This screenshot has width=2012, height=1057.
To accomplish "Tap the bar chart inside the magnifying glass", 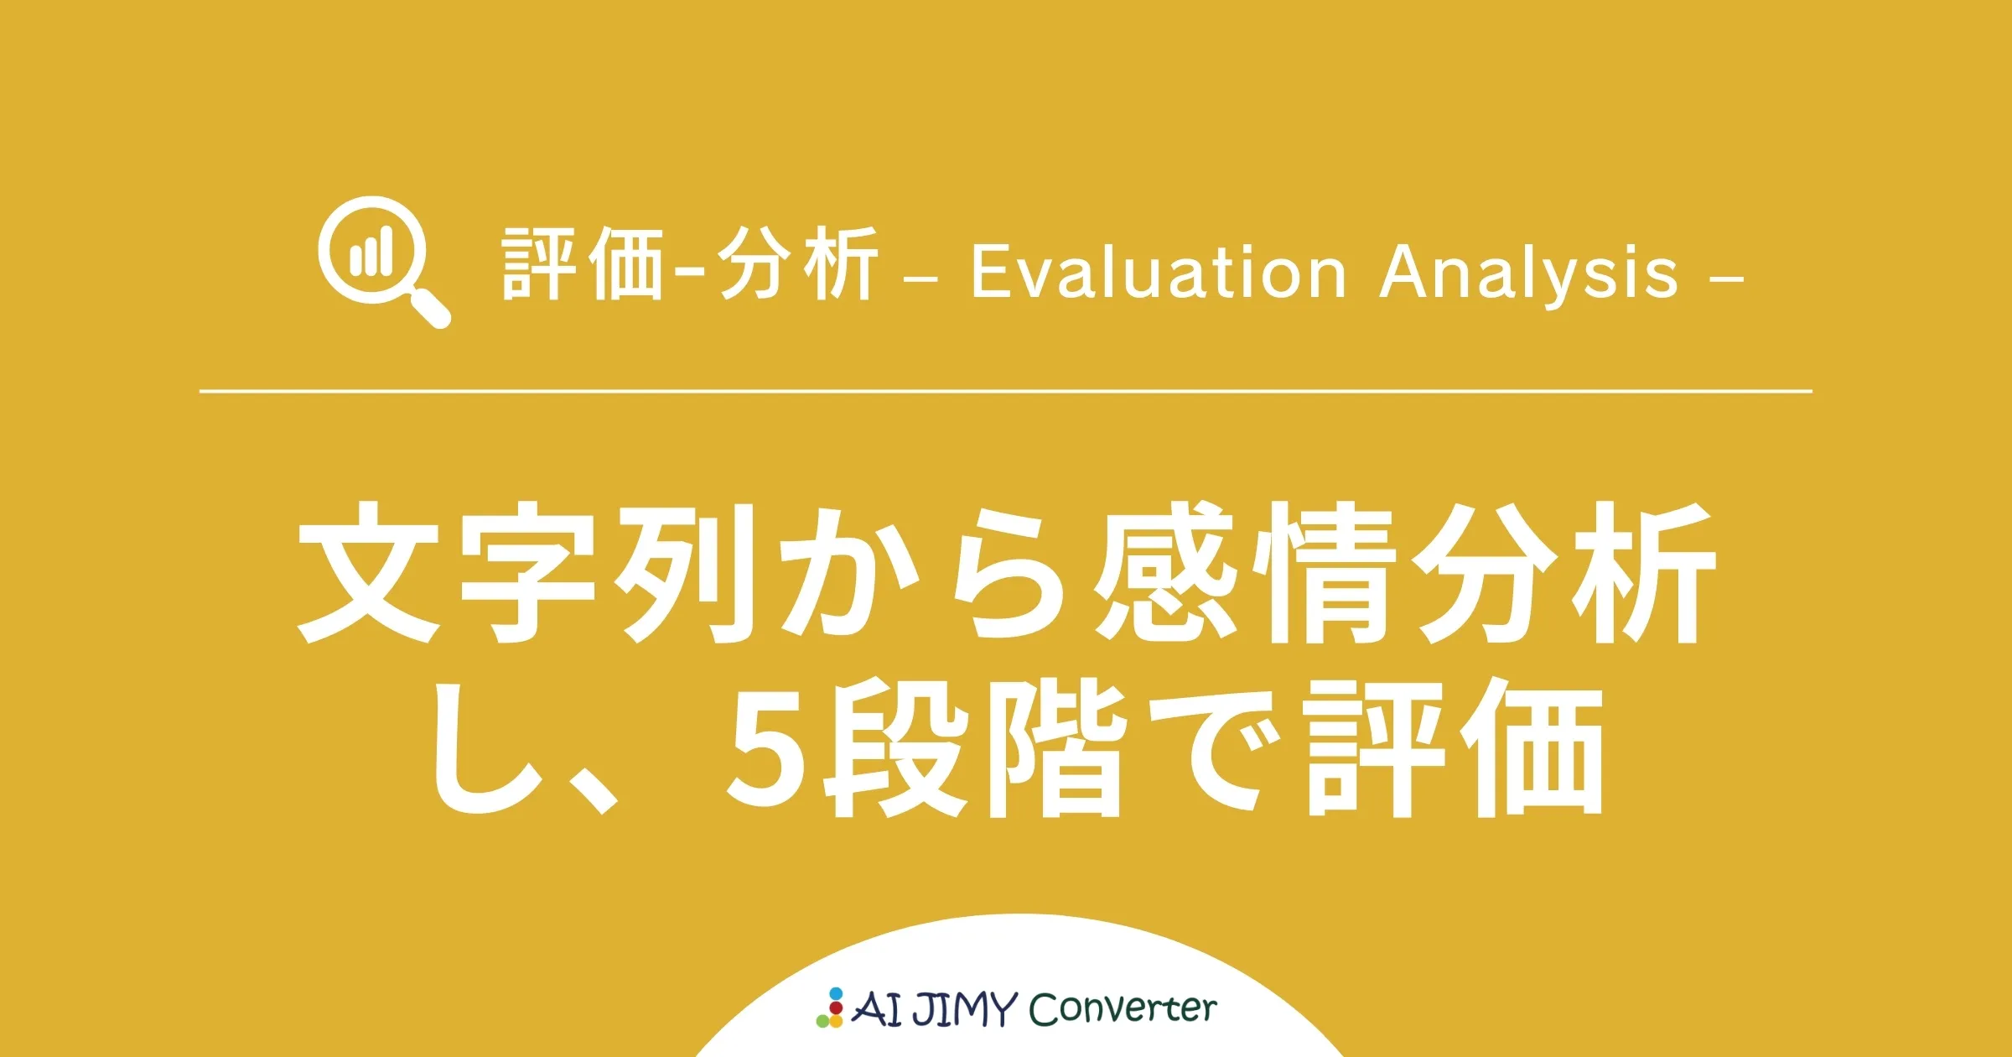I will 371,252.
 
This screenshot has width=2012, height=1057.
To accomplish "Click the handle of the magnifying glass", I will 431,308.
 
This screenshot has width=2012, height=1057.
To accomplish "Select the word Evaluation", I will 1158,273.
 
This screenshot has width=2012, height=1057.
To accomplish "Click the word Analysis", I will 1529,273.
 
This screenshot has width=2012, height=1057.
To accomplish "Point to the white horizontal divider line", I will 1006,391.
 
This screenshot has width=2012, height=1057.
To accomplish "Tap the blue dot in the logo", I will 836,994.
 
